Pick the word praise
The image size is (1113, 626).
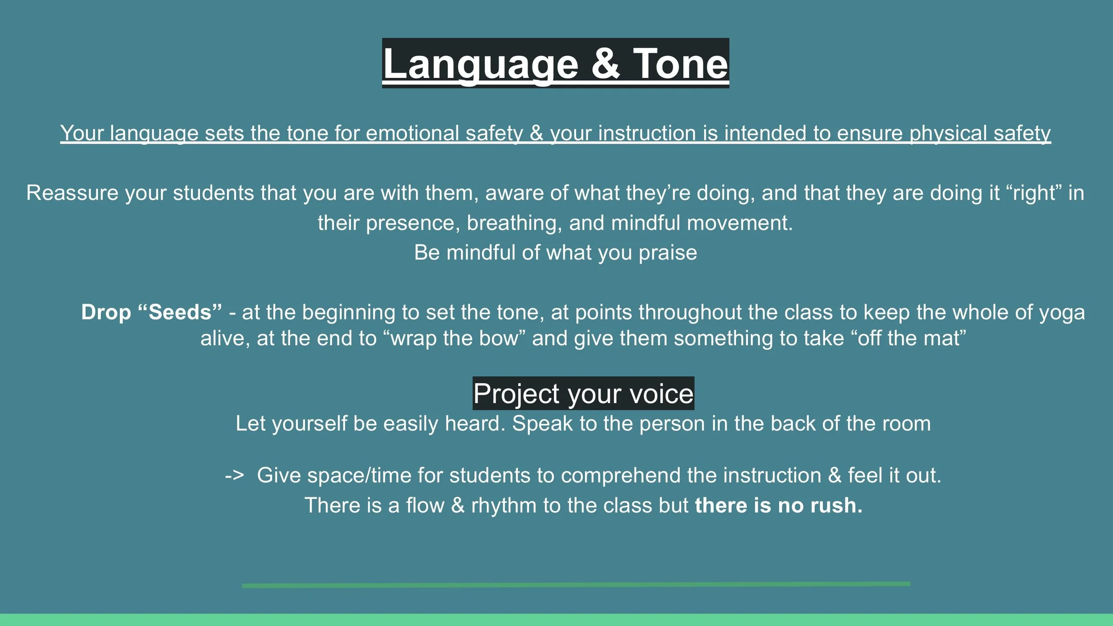tap(668, 253)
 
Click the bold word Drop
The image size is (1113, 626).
tap(106, 312)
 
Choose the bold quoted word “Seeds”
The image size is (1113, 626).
tap(180, 312)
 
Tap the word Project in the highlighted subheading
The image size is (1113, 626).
tap(516, 394)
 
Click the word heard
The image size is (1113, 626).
tap(475, 423)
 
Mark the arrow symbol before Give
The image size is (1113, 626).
tap(234, 476)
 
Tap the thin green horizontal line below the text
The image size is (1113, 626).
tap(576, 585)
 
